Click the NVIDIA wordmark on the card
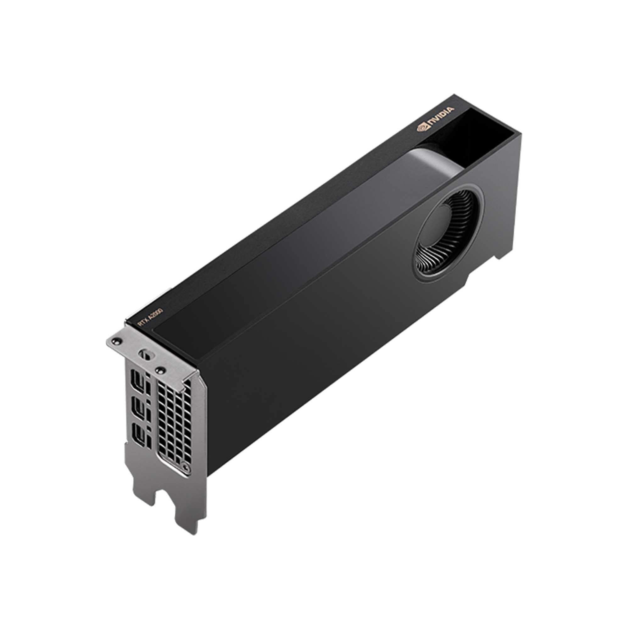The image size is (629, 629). click(440, 118)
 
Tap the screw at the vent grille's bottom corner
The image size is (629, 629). click(186, 476)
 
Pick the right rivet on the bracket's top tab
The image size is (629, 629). click(160, 369)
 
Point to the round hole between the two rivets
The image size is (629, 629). click(144, 354)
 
